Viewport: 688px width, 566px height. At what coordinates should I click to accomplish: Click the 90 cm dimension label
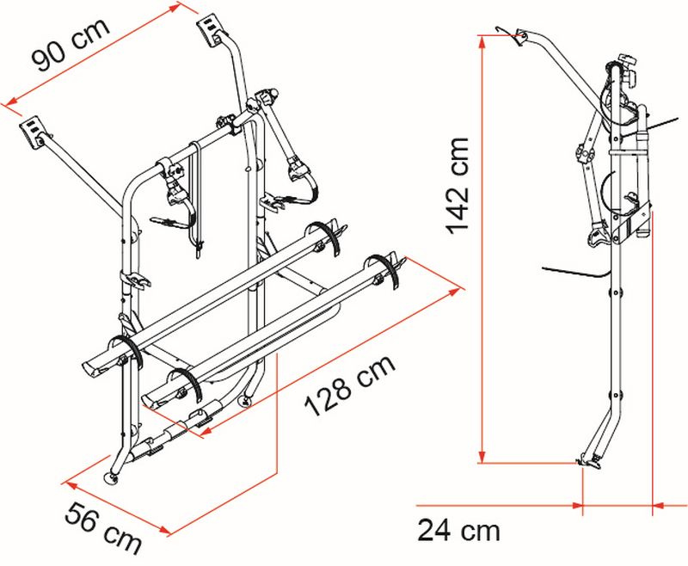[x=71, y=43]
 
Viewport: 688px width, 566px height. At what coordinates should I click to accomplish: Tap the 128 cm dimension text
[x=350, y=385]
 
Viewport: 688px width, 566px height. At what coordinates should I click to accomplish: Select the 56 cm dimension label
[x=103, y=528]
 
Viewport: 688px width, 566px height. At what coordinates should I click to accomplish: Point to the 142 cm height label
[x=458, y=186]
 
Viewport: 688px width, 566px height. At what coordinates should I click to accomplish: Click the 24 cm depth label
[x=458, y=530]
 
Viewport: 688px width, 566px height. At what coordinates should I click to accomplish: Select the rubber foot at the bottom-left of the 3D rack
[x=111, y=477]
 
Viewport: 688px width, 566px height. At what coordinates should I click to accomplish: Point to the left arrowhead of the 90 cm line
[x=12, y=102]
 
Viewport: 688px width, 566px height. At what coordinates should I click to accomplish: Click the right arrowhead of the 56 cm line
[x=163, y=531]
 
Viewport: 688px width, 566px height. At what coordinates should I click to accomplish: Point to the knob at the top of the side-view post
[x=628, y=62]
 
